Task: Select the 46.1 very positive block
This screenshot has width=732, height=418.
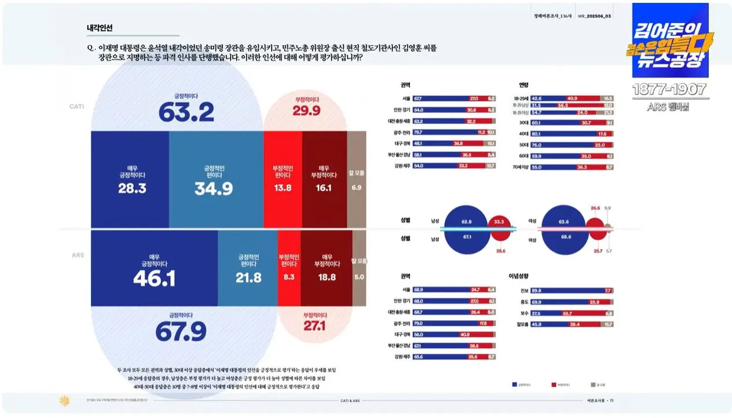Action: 154,278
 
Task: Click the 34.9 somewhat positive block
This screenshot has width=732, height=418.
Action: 214,188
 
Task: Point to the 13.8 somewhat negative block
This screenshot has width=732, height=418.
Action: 282,188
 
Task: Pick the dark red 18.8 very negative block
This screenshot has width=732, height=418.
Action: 327,277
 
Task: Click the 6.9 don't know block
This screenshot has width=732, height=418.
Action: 356,188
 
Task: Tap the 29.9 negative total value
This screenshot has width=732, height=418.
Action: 306,110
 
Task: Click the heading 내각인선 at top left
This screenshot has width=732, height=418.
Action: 100,28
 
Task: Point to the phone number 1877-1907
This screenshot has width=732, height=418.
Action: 669,90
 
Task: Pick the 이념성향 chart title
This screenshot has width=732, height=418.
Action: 519,276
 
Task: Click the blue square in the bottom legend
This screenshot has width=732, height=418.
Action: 515,384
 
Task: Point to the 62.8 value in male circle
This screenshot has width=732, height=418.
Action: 467,221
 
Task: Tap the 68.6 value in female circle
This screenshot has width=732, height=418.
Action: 565,237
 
